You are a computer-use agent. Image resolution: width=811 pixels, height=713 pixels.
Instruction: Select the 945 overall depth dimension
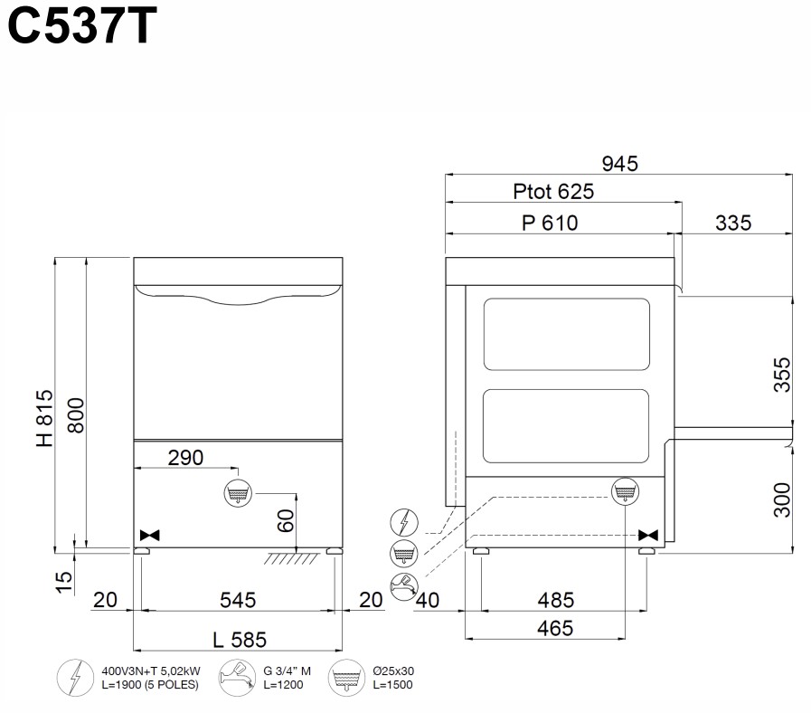(619, 164)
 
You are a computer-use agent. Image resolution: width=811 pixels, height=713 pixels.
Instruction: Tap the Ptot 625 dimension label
(553, 192)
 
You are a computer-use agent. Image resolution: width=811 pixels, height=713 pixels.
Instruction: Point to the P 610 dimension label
(550, 223)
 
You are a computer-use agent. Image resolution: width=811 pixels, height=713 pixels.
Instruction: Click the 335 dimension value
(733, 223)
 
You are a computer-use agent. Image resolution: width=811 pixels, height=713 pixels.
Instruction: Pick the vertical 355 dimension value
(782, 375)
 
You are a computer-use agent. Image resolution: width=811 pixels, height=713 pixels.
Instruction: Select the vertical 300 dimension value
(782, 499)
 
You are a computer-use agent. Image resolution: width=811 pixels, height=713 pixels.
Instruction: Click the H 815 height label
(44, 418)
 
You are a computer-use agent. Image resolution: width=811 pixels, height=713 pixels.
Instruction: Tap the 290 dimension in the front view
(185, 458)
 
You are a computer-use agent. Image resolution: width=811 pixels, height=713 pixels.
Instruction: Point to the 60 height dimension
(286, 520)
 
